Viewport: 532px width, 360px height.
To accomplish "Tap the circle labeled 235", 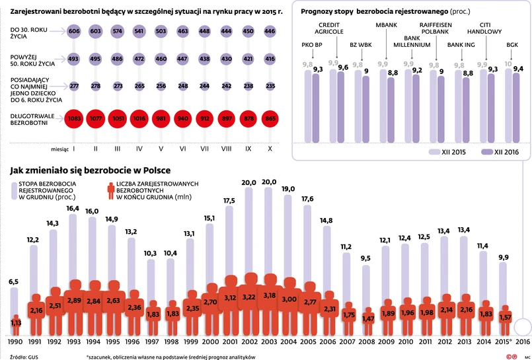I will tap(269, 86).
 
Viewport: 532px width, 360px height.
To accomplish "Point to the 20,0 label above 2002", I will tap(249, 182).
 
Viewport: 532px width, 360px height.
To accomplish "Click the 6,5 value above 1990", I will tap(15, 282).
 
